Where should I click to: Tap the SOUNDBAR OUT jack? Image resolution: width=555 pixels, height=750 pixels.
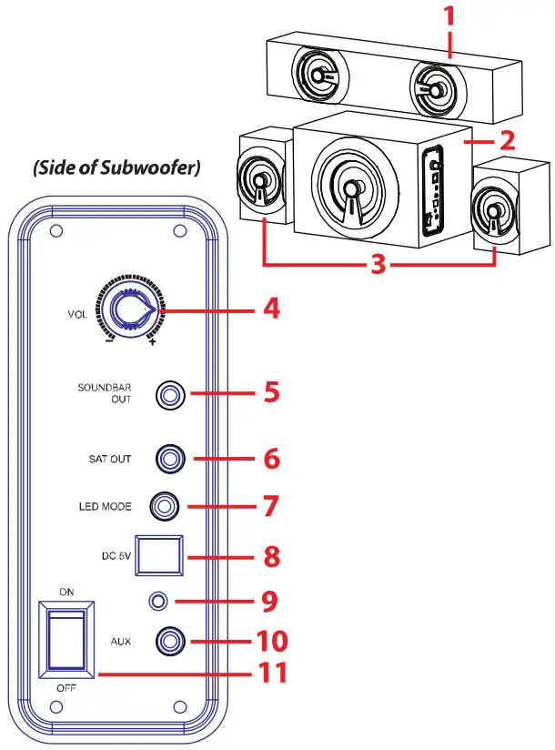point(170,396)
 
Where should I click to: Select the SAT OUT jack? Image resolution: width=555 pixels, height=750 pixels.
point(170,458)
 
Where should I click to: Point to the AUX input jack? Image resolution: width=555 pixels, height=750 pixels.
point(170,642)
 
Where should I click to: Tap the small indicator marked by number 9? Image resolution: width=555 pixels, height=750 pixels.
point(160,601)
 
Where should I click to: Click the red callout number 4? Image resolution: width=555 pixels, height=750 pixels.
point(270,309)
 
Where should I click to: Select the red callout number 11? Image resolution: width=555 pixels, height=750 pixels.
point(270,674)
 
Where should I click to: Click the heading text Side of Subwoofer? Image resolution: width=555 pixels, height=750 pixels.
point(116,169)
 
